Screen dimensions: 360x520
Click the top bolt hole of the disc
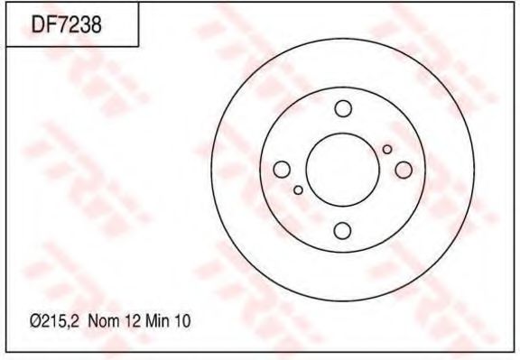pos(342,109)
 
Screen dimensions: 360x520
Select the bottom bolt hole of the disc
pos(342,230)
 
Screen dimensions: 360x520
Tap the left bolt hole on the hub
pos(282,170)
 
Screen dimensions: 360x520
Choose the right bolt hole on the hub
pos(403,170)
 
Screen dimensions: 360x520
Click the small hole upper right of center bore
pos(387,149)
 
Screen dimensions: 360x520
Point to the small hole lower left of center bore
pos(298,189)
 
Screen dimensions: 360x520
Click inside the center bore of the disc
pos(342,170)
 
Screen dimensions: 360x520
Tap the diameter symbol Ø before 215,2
pos(35,320)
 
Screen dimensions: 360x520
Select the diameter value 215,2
pos(60,320)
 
